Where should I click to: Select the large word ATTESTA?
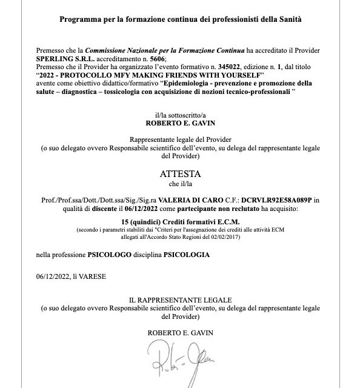[180, 173]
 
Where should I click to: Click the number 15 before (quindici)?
[142, 222]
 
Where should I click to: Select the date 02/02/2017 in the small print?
[225, 236]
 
